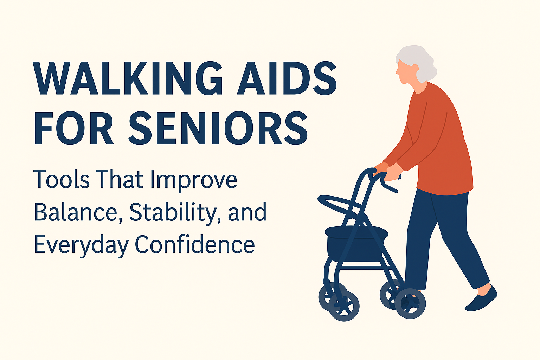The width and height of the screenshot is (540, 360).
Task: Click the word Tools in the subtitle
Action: tap(62, 180)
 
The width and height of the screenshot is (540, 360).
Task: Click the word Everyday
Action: tap(81, 245)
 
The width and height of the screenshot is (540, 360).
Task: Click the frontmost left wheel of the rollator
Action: tap(344, 306)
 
